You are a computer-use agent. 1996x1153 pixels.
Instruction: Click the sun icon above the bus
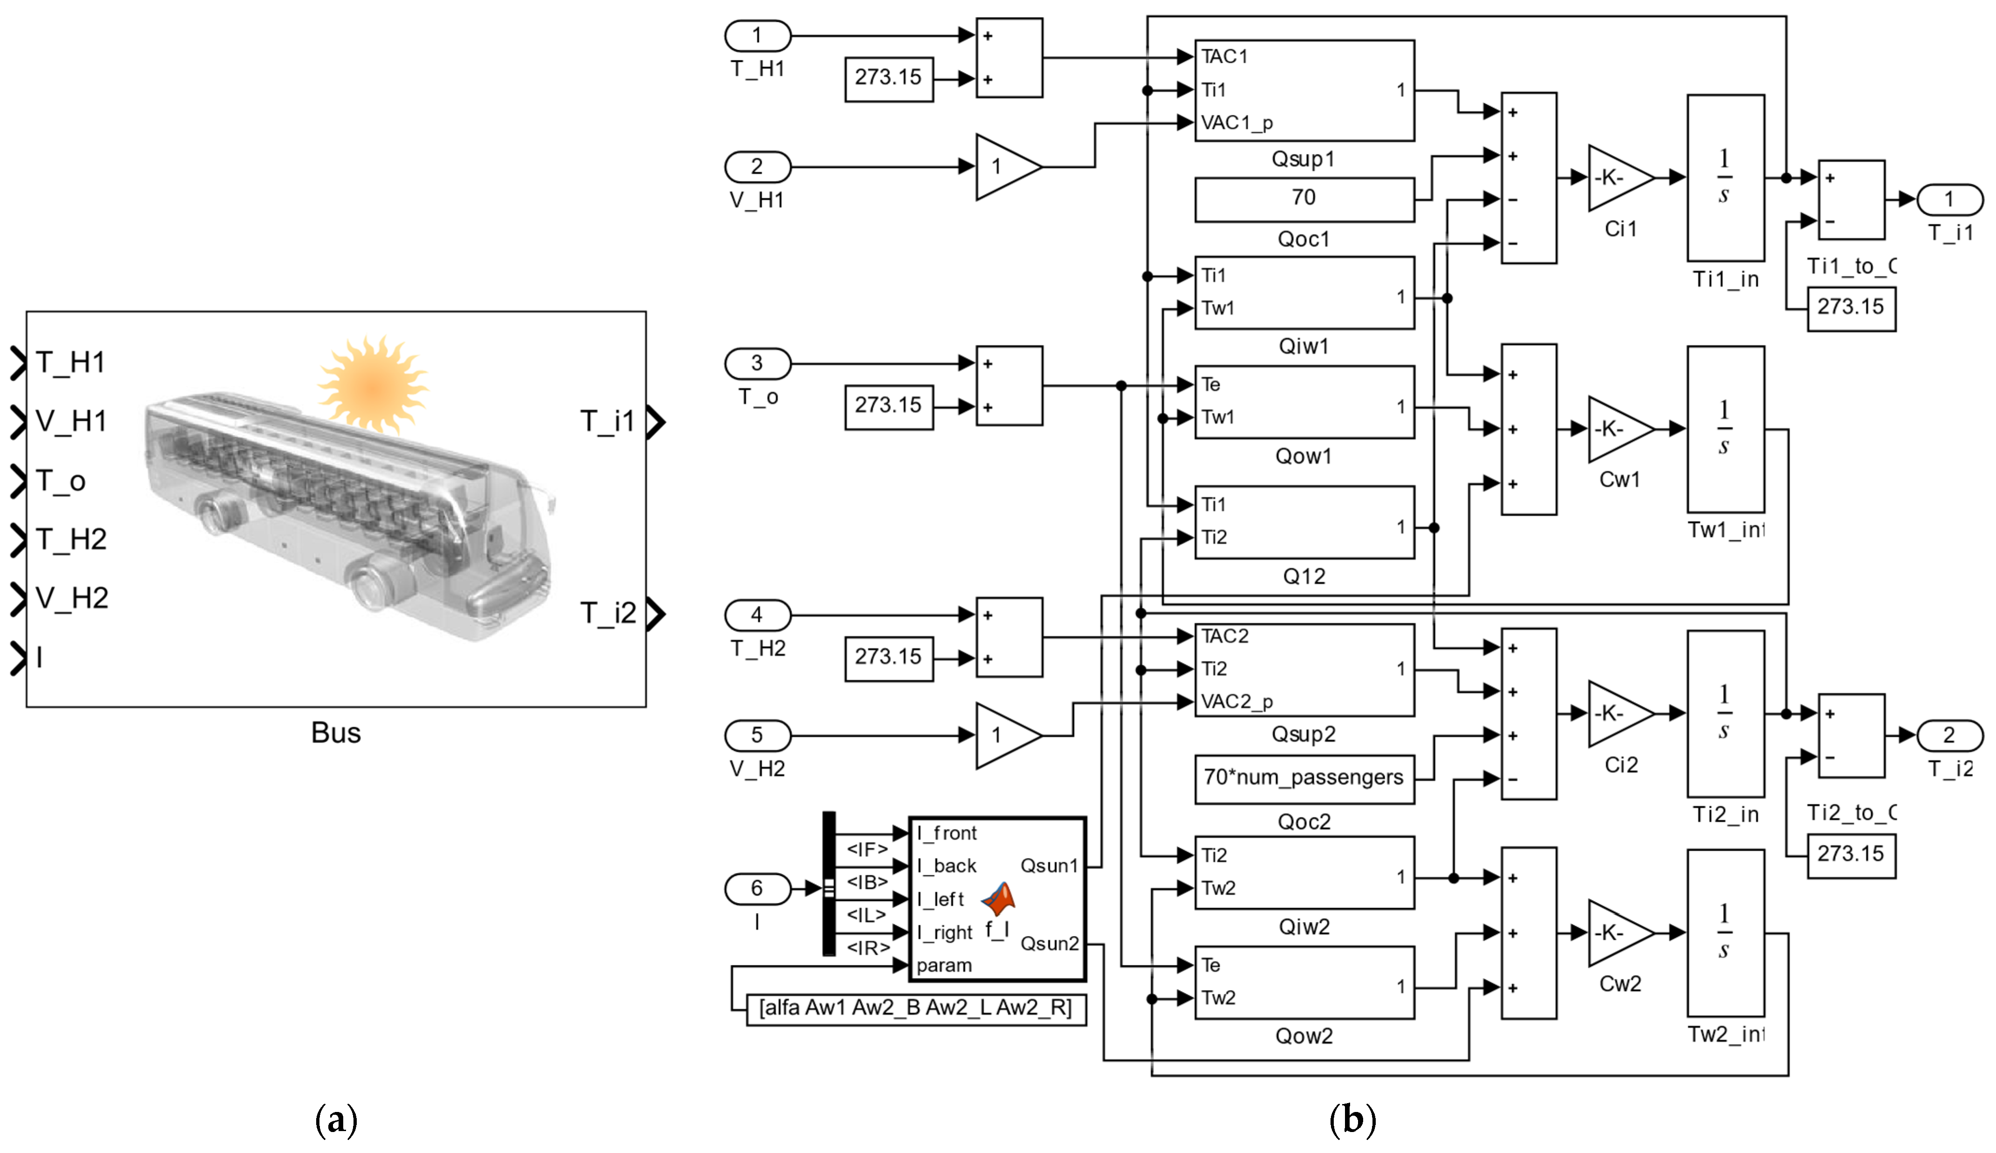coord(372,384)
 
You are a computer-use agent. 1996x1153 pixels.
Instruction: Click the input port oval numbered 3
coord(757,364)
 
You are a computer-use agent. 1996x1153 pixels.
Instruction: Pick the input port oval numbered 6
coord(757,889)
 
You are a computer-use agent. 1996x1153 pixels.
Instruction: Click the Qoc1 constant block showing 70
coord(1304,199)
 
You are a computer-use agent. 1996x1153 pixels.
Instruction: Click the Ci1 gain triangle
coord(1618,178)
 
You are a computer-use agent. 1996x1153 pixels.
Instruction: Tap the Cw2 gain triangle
coord(1618,934)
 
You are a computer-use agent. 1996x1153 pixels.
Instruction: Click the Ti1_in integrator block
coord(1725,178)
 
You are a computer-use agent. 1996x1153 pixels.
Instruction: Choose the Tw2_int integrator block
coord(1725,933)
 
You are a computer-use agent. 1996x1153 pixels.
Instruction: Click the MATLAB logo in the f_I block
coord(999,899)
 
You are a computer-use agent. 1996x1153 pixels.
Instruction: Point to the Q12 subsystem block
coord(1304,523)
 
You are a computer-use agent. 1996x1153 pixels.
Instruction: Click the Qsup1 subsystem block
coord(1304,90)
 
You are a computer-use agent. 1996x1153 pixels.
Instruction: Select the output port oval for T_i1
coord(1949,200)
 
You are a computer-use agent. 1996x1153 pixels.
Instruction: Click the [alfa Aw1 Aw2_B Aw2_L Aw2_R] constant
coord(915,1009)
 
